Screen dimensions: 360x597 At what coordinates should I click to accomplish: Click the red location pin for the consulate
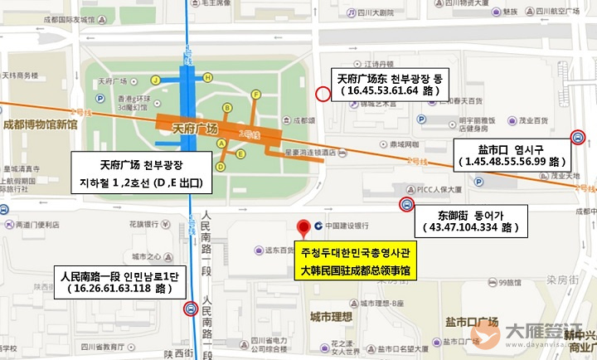[x=305, y=226]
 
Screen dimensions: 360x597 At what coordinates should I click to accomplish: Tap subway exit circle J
[x=155, y=80]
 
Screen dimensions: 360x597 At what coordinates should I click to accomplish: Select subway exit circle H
[x=208, y=77]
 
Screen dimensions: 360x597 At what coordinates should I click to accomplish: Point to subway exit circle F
[x=256, y=95]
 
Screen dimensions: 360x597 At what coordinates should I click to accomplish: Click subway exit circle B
[x=226, y=108]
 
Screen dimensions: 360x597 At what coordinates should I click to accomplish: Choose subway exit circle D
[x=221, y=144]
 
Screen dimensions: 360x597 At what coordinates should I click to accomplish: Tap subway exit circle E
[x=240, y=153]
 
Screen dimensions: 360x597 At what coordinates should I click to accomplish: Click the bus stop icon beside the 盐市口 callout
[x=578, y=137]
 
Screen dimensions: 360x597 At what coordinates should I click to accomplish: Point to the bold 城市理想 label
[x=331, y=316]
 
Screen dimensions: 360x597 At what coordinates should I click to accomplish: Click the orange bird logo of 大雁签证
[x=485, y=335]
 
